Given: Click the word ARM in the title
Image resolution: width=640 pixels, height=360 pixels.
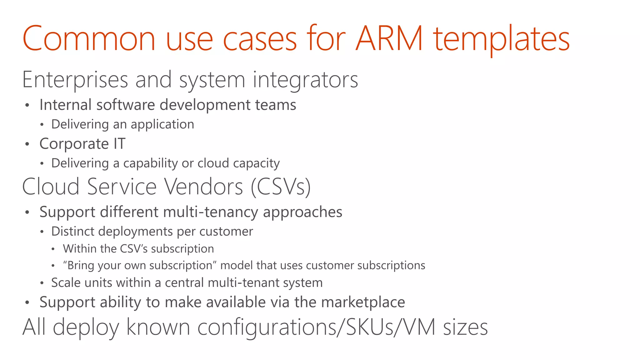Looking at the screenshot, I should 389,39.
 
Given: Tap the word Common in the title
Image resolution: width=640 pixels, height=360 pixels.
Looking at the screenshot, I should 89,39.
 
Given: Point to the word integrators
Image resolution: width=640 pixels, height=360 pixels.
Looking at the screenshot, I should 305,80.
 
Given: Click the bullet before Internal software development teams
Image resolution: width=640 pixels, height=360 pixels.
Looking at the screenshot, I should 27,105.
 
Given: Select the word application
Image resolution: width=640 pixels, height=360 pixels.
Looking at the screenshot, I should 162,125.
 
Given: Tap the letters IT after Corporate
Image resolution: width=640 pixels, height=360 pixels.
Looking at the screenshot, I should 119,144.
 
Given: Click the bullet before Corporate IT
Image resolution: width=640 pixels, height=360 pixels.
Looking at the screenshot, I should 27,144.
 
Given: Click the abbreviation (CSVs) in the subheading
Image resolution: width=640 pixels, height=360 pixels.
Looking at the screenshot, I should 281,187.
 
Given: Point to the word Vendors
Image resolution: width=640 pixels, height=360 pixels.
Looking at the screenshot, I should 204,187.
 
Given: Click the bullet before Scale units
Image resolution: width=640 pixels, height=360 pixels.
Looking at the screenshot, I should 42,283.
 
